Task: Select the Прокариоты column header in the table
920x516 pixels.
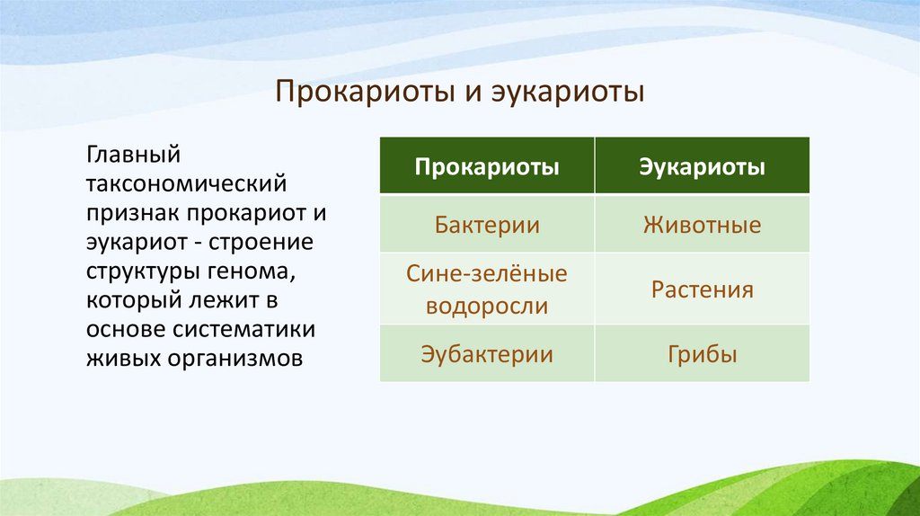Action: (x=487, y=167)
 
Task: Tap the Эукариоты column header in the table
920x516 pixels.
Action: (x=702, y=167)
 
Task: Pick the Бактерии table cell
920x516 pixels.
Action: (x=487, y=224)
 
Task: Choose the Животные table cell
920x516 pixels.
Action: (x=702, y=224)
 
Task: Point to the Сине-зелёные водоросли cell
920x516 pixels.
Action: (x=487, y=289)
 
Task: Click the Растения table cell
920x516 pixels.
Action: (x=702, y=290)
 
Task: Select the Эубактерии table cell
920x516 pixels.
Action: (x=487, y=354)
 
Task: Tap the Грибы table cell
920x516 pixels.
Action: (x=702, y=354)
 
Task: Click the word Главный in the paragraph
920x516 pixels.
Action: (x=134, y=155)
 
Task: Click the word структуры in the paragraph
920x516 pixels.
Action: (x=146, y=272)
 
